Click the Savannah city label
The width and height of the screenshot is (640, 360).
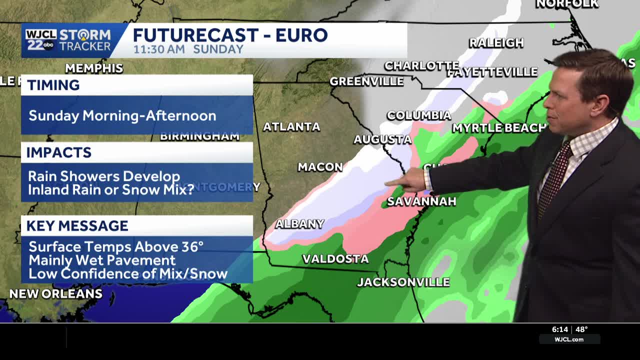tap(421, 201)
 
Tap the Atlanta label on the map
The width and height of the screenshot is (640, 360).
tap(291, 127)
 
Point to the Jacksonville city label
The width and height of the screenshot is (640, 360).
tap(403, 282)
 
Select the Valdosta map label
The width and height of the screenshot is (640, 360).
tap(335, 259)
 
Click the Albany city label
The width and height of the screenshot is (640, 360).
tap(300, 224)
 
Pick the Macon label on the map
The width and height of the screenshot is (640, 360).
tap(320, 167)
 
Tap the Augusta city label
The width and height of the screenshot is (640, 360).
tap(382, 139)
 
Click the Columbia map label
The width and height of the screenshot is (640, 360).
tap(419, 115)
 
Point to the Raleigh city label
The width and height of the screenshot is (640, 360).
tap(496, 43)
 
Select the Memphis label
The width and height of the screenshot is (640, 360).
tap(94, 68)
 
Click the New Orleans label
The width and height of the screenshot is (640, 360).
tap(56, 294)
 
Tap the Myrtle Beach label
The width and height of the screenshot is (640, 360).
tap(499, 128)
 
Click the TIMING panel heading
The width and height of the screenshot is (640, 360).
tap(53, 85)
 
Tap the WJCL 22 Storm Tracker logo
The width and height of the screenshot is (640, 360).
tap(68, 40)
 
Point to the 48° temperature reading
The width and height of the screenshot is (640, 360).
tap(581, 329)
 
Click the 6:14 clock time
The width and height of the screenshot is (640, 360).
tap(560, 329)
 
